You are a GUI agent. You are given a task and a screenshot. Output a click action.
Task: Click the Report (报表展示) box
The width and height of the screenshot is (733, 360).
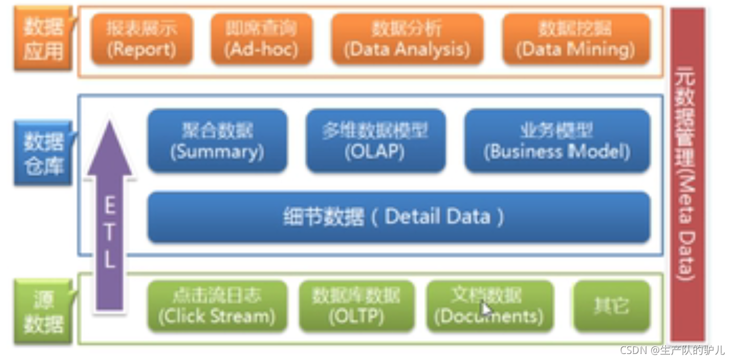pyautogui.click(x=142, y=39)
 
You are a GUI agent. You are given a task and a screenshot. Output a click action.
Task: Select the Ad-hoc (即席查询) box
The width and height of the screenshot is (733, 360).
pyautogui.click(x=261, y=39)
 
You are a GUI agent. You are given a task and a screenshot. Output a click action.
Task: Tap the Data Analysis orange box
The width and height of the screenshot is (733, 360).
pyautogui.click(x=407, y=39)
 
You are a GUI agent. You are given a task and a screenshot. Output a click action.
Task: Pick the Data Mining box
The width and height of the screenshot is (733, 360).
pyautogui.click(x=576, y=39)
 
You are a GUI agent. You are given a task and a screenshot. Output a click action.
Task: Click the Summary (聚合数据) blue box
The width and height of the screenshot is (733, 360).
pyautogui.click(x=217, y=141)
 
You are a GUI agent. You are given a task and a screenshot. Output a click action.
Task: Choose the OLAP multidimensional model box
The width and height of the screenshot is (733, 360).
pyautogui.click(x=375, y=141)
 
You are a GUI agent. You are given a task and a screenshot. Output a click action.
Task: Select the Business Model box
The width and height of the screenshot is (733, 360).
pyautogui.click(x=557, y=141)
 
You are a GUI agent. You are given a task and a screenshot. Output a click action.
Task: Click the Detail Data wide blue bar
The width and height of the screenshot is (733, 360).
pyautogui.click(x=398, y=217)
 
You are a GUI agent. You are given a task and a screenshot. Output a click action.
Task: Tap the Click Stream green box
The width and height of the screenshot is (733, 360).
pyautogui.click(x=217, y=306)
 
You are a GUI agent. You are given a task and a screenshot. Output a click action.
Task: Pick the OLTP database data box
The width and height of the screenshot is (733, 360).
pyautogui.click(x=356, y=306)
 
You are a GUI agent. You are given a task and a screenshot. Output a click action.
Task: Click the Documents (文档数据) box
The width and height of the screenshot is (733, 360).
pyautogui.click(x=489, y=306)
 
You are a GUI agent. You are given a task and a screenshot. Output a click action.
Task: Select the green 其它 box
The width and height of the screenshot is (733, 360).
pyautogui.click(x=612, y=306)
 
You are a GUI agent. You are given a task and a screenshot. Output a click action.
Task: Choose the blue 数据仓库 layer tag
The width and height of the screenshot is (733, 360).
pyautogui.click(x=43, y=154)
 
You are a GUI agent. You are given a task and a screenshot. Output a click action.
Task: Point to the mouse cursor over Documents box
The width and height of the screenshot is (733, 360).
pyautogui.click(x=485, y=310)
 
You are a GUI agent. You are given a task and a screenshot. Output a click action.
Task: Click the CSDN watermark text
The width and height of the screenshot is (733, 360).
pyautogui.click(x=672, y=350)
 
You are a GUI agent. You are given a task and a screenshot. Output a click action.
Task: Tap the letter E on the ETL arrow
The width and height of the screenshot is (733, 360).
pyautogui.click(x=110, y=206)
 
